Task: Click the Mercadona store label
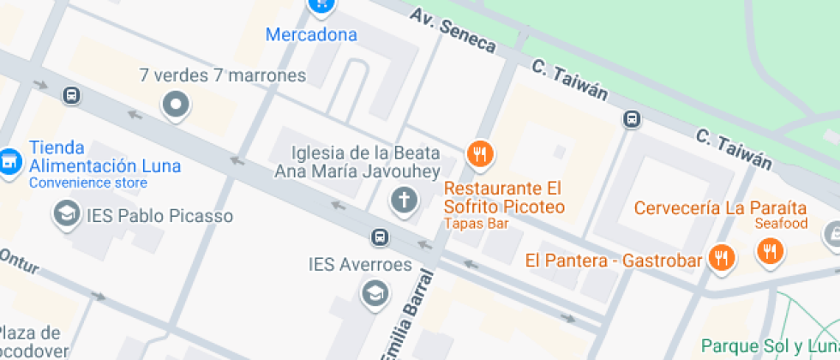click(x=311, y=35)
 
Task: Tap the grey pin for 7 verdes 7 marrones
click(x=176, y=105)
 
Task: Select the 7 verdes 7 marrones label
click(x=222, y=75)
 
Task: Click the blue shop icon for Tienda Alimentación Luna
click(x=9, y=160)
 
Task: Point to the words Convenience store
click(x=88, y=183)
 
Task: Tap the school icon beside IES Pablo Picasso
click(x=65, y=215)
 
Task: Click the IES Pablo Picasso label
click(x=159, y=216)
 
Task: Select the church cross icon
click(x=403, y=201)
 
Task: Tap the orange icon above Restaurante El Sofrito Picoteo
click(x=478, y=154)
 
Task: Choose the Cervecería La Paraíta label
click(x=720, y=207)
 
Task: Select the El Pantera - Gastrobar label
click(x=614, y=260)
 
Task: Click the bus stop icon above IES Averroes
click(x=379, y=237)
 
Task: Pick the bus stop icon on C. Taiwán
click(x=632, y=119)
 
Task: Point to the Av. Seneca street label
click(x=453, y=30)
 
